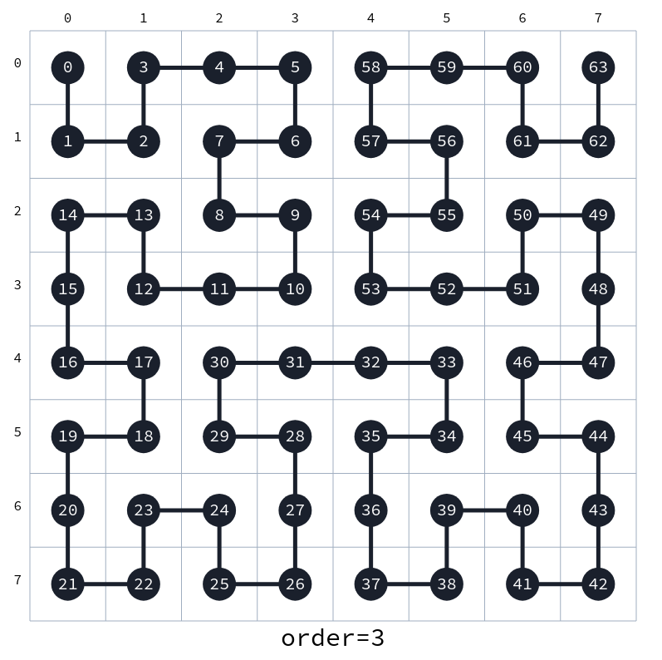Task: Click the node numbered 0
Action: (x=68, y=67)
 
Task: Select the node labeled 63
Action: (x=598, y=67)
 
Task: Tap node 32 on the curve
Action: (x=371, y=362)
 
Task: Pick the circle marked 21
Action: (x=68, y=584)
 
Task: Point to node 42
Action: (x=598, y=584)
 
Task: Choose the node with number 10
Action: (x=295, y=289)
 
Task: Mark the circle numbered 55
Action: (x=447, y=215)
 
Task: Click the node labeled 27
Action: (x=295, y=510)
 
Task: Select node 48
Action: (x=598, y=289)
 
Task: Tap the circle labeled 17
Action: (x=144, y=362)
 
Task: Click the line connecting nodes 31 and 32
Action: (x=333, y=362)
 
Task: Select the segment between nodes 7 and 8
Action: (x=219, y=178)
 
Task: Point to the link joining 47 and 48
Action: (x=598, y=326)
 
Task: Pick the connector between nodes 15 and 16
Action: (x=68, y=326)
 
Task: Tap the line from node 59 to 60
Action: (x=485, y=67)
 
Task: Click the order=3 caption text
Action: (x=332, y=638)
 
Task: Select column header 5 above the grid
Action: (x=447, y=17)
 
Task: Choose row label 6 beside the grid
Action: (x=17, y=506)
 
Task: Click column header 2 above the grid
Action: (x=219, y=17)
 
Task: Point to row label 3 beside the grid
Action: (x=17, y=285)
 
